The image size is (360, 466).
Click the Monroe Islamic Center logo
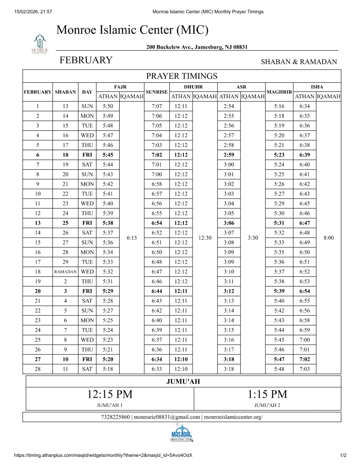coord(40,44)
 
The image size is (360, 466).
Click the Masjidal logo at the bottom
coord(182,432)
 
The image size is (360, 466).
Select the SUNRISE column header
coord(157,92)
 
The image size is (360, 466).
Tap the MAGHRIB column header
coord(279,92)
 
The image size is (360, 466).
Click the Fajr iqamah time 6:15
coord(132,238)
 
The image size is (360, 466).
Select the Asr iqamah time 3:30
coord(253,238)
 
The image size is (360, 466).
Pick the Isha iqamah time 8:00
coord(328,238)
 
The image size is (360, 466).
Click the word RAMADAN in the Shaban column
coord(65,272)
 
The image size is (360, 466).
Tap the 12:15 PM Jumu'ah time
coord(110,394)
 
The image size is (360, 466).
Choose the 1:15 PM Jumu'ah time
coord(267,394)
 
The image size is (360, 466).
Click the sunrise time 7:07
coord(157,106)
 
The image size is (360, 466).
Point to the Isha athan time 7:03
coord(304,369)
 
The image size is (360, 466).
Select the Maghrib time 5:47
coord(279,359)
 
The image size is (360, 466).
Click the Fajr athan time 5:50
coord(107,106)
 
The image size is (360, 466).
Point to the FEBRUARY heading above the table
coord(86,61)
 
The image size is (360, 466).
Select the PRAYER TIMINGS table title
coord(182,76)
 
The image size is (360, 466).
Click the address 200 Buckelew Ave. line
coord(197,47)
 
